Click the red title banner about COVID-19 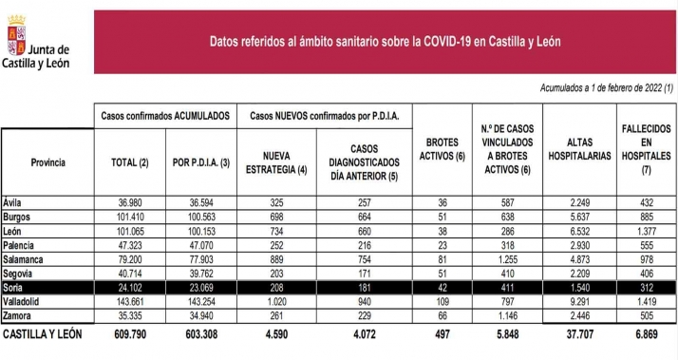384,41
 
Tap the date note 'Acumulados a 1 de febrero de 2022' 607,88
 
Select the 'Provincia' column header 47,162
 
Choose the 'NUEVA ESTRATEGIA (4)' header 275,162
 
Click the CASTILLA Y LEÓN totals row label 43,334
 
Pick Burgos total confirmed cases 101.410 131,216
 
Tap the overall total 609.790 131,334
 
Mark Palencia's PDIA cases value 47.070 198,242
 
